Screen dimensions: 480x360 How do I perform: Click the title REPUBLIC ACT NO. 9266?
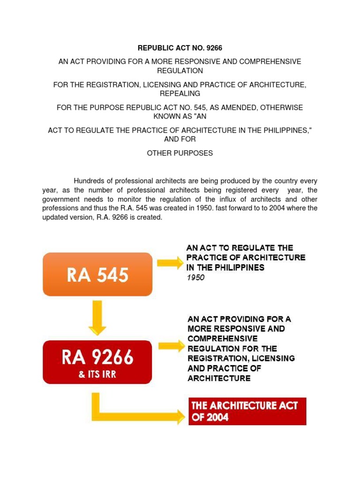[x=180, y=48]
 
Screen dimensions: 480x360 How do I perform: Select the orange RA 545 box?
[x=97, y=274]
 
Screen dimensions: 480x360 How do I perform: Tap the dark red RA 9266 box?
[x=97, y=361]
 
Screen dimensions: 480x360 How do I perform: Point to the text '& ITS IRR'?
[x=97, y=375]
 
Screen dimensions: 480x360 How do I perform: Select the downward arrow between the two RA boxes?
[x=97, y=317]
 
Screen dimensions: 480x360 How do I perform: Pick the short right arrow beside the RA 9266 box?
[x=172, y=346]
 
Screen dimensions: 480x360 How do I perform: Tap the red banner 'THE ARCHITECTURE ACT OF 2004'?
[x=247, y=411]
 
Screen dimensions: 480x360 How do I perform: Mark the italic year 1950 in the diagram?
[x=195, y=277]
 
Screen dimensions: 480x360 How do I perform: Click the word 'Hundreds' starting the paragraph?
[x=88, y=181]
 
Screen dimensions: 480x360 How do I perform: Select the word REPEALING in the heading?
[x=180, y=94]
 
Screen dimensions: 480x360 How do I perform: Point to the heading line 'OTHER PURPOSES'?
[x=180, y=153]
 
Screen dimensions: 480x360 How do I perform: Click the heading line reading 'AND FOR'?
[x=180, y=139]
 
